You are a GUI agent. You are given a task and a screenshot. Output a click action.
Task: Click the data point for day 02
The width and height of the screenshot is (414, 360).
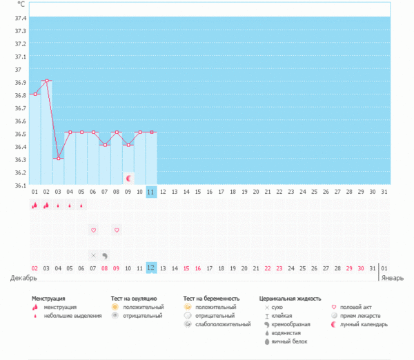coord(46,81)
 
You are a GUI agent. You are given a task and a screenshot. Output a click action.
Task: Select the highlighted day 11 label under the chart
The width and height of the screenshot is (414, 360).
coord(151,192)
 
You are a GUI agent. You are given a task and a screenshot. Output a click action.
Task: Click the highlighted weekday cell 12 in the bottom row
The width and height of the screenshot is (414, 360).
coord(151,268)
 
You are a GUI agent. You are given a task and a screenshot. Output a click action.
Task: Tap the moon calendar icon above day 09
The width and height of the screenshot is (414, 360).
coord(128,178)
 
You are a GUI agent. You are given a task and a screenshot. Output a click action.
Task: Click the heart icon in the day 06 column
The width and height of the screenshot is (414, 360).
coord(93,230)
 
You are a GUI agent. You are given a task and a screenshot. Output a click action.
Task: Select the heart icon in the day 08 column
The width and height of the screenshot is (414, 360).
coord(117,230)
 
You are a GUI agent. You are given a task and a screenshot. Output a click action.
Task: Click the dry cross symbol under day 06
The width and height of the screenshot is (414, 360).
coord(93,255)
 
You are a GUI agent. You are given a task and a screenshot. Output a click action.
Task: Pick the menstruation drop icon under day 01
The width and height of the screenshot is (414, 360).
coord(34,205)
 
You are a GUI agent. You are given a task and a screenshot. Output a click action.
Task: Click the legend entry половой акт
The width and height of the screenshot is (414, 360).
coord(357,307)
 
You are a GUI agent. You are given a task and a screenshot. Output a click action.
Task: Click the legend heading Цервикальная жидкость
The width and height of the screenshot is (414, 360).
coord(290,299)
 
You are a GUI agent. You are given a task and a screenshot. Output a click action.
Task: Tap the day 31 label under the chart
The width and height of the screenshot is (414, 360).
coord(373,192)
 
